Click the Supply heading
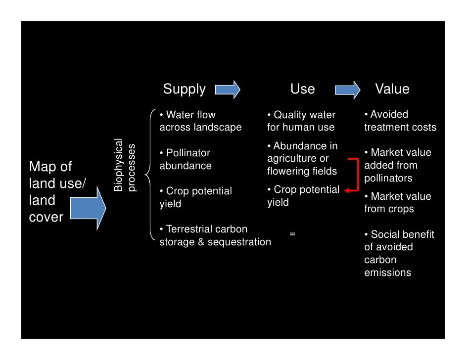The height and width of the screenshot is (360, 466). coord(184,89)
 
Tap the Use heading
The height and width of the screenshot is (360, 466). coord(302,89)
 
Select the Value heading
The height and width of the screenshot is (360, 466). coord(392,89)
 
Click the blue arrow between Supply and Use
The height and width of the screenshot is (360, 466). coord(228,90)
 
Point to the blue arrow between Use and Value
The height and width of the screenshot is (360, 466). coord(348,90)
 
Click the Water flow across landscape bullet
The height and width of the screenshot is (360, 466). coord(200,121)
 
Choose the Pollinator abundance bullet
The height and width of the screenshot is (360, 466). coord(185,159)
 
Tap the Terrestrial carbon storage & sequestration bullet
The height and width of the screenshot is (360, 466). coord(215,235)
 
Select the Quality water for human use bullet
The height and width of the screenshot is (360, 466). coord(301,121)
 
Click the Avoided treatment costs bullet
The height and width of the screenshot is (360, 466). coord(400,121)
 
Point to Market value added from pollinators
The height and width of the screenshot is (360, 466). coord(398,165)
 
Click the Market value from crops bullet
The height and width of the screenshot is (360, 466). coord(398,203)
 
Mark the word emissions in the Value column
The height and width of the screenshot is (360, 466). coord(387,272)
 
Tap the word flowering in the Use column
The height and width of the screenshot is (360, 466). coord(287,172)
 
